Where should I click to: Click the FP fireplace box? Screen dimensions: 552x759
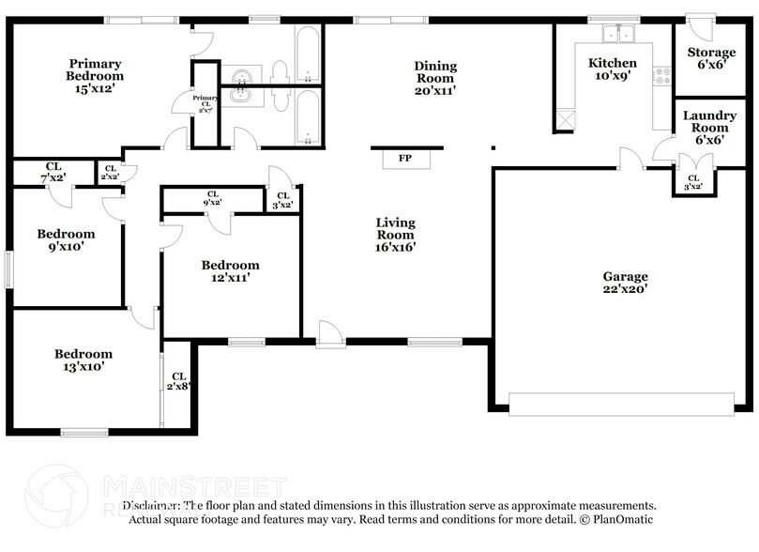coord(405,159)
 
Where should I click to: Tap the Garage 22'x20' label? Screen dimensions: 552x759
coord(625,283)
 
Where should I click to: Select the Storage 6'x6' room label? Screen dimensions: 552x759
coord(711,58)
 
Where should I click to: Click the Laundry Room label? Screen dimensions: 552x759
coord(710,127)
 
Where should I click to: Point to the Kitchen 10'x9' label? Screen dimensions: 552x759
coord(613,69)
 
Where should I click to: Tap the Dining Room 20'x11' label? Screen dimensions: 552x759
coord(435,78)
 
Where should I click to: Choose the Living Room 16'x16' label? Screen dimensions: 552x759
coord(395,235)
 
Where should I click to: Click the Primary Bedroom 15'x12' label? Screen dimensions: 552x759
coord(94,76)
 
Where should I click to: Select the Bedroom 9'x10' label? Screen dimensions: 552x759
coord(66,240)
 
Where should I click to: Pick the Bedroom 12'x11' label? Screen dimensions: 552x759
coord(230,271)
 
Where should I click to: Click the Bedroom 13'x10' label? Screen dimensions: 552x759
coord(83,360)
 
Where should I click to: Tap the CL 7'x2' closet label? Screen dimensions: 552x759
coord(53,172)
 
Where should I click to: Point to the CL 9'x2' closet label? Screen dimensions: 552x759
coord(212,199)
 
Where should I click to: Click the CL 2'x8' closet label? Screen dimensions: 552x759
coord(178,381)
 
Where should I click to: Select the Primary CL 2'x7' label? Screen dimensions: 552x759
coord(205,104)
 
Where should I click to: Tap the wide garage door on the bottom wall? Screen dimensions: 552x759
coord(622,405)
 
